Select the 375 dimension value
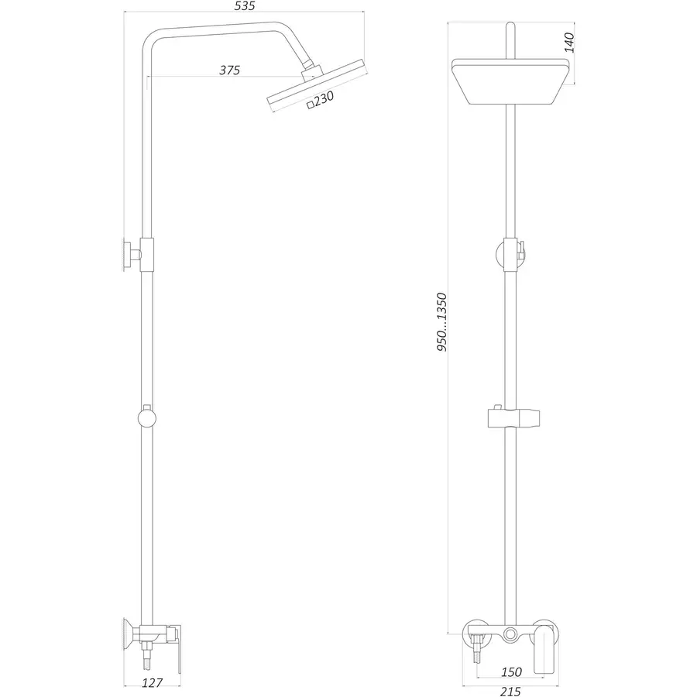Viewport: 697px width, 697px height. pyautogui.click(x=229, y=70)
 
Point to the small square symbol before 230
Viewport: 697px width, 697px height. pyautogui.click(x=311, y=104)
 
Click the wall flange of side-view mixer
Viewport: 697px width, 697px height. pyautogui.click(x=126, y=635)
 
